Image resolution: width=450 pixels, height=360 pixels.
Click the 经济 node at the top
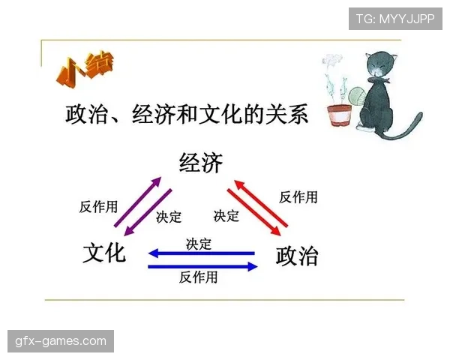tap(201, 163)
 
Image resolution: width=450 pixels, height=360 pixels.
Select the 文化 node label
tap(104, 253)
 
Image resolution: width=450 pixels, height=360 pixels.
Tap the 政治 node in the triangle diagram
tap(297, 255)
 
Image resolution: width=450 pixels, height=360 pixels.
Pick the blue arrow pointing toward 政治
tap(202, 265)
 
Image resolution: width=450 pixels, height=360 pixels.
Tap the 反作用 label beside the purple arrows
tap(98, 207)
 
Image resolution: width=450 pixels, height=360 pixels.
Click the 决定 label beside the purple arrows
tap(169, 217)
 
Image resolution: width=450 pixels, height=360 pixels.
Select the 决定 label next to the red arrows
tap(226, 216)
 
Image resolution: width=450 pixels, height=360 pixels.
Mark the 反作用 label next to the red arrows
tap(298, 197)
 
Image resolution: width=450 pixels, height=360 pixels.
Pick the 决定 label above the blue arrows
tap(199, 244)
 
